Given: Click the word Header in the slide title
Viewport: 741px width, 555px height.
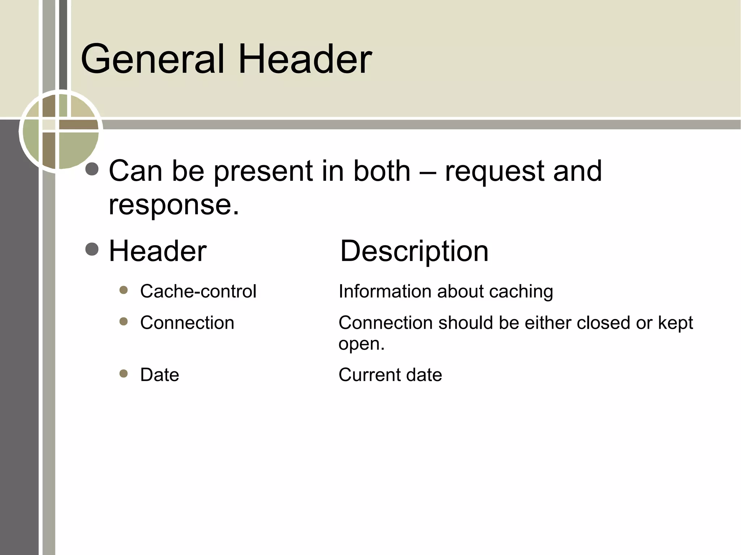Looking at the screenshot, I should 305,59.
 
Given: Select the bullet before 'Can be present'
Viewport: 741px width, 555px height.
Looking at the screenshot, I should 92,169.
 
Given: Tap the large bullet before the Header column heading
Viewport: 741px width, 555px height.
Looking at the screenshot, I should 92,249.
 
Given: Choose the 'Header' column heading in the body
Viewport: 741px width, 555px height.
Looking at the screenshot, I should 158,251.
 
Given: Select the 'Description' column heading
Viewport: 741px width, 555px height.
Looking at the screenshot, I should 414,252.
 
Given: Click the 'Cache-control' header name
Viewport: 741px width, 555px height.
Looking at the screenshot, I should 198,291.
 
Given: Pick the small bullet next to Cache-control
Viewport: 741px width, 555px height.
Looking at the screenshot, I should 124,290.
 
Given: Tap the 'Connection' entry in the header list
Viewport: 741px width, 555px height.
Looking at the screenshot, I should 187,323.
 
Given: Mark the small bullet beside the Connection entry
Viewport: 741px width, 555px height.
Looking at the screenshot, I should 124,321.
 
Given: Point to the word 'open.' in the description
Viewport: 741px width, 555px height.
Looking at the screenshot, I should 361,344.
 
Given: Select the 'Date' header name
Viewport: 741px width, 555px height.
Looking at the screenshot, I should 160,375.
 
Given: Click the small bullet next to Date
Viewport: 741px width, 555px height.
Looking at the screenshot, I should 124,373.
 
